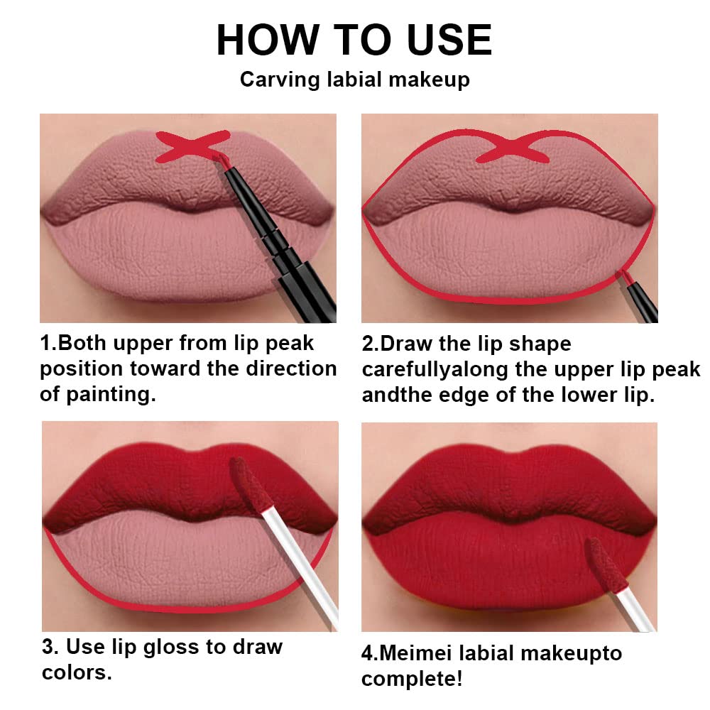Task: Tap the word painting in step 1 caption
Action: pyautogui.click(x=106, y=395)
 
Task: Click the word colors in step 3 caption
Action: pyautogui.click(x=75, y=672)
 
